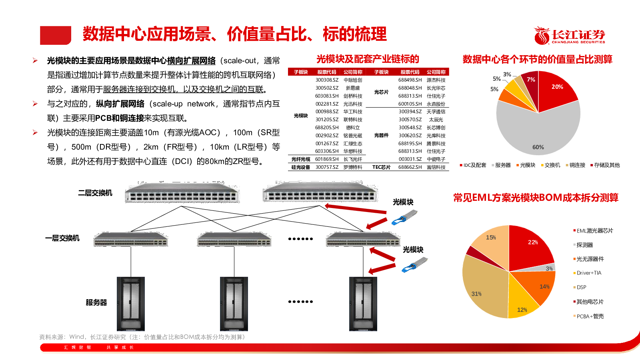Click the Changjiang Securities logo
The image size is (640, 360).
(570, 36)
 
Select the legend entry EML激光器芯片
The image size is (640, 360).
(593, 230)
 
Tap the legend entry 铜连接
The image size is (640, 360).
(576, 165)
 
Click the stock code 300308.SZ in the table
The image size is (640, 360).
(327, 80)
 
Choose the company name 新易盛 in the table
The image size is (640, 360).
(352, 88)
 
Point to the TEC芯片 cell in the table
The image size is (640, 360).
(381, 167)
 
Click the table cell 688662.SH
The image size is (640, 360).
(410, 167)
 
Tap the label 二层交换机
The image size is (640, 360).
(95, 193)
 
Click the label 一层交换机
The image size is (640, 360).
(62, 238)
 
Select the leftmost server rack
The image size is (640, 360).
(131, 304)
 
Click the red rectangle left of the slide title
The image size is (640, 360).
(56, 35)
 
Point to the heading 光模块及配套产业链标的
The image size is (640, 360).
(368, 59)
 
